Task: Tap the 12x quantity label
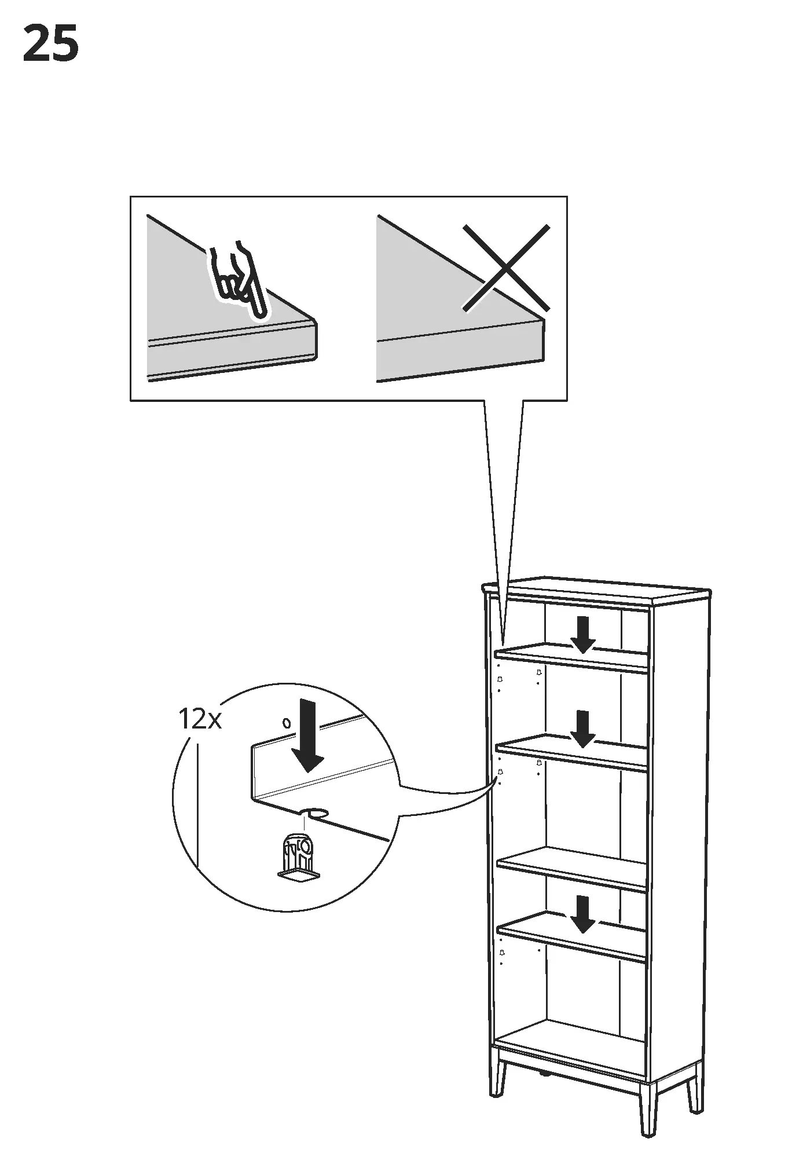point(199,720)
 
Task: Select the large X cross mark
point(505,268)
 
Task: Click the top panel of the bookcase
point(596,590)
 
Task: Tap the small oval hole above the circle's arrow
point(285,722)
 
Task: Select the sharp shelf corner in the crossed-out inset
point(543,317)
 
